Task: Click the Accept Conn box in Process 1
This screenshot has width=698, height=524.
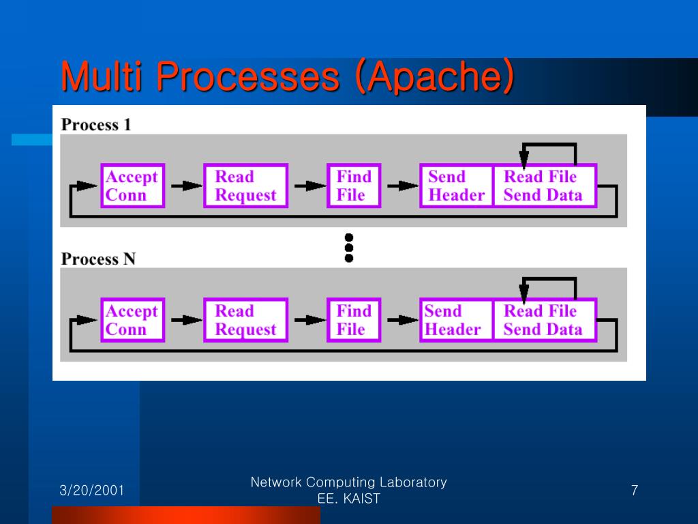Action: [x=133, y=186]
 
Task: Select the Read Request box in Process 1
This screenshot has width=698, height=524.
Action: [x=245, y=186]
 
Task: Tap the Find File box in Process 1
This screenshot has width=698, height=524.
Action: [x=354, y=186]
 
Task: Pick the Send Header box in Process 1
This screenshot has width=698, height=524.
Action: [x=457, y=186]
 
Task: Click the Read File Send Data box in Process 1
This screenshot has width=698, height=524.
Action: [x=545, y=186]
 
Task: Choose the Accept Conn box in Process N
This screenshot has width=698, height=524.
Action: [x=133, y=320]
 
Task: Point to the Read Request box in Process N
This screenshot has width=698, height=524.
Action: [x=245, y=320]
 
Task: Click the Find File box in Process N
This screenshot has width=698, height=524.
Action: [x=354, y=320]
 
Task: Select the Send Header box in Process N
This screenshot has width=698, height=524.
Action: [x=457, y=320]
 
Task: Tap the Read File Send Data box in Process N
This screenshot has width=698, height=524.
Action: [x=545, y=320]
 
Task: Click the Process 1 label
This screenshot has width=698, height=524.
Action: [x=96, y=125]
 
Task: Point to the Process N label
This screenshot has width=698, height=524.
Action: [x=98, y=259]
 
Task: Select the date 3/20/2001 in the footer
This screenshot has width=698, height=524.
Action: [x=92, y=490]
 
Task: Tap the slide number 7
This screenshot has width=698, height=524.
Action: [x=635, y=490]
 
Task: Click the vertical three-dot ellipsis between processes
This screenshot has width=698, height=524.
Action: [x=349, y=248]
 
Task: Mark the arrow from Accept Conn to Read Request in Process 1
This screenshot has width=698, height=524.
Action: [x=187, y=186]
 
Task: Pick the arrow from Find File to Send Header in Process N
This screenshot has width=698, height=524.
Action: [x=403, y=319]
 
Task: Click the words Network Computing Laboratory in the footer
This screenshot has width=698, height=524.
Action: [x=348, y=482]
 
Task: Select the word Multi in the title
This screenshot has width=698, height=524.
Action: [x=102, y=76]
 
